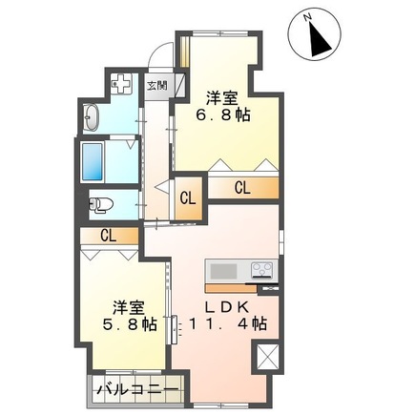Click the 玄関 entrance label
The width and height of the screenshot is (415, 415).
pyautogui.click(x=156, y=84)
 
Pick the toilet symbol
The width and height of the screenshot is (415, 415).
pyautogui.click(x=101, y=202)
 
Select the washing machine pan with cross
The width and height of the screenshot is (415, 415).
pyautogui.click(x=123, y=84)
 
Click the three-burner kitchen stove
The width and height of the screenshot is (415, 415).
pyautogui.click(x=262, y=269)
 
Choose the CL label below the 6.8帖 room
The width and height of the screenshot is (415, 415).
pyautogui.click(x=243, y=188)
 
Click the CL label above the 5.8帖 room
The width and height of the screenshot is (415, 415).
pyautogui.click(x=107, y=235)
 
